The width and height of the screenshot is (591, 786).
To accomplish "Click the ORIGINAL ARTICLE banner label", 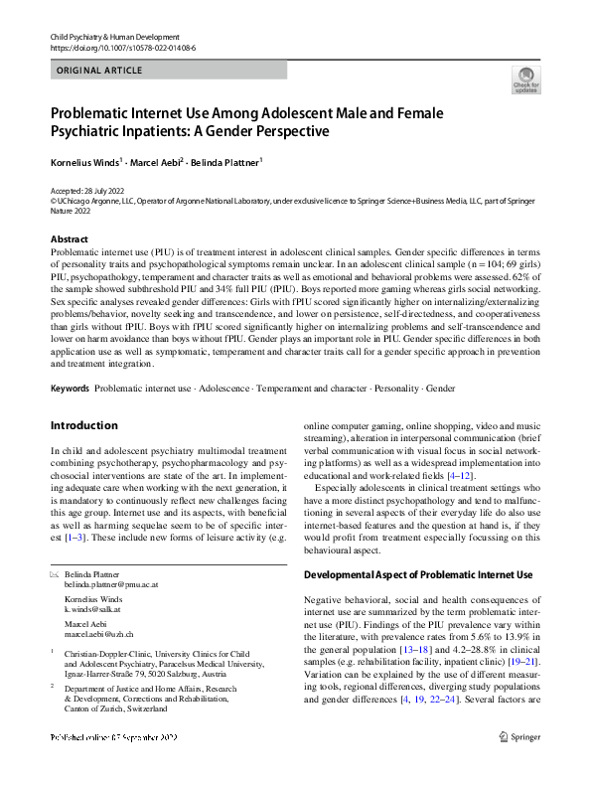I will (100, 71).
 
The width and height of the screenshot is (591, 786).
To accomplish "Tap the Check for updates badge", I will (524, 80).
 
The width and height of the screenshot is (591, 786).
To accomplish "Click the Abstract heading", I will (71, 239).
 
